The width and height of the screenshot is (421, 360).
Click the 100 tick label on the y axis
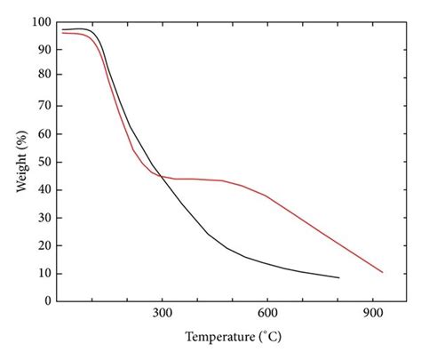coord(38,20)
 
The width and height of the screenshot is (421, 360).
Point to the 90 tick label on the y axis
coord(41,49)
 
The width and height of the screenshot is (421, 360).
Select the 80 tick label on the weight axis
coord(41,77)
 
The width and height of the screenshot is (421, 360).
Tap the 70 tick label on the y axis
coord(41,105)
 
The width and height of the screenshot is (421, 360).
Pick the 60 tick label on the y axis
coord(41,133)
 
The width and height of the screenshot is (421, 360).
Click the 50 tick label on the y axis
coord(41,161)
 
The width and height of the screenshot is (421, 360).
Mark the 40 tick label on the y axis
coord(41,189)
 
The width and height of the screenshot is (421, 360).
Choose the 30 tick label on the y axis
coord(41,217)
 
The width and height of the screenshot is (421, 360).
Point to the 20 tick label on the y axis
coord(41,245)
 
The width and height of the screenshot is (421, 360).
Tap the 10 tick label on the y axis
coord(41,273)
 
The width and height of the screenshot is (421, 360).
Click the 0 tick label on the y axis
coord(44,301)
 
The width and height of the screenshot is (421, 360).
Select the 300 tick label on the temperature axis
coord(162,313)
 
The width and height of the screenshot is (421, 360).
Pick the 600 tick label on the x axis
coord(267,313)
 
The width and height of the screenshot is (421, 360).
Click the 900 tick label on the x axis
coord(372,313)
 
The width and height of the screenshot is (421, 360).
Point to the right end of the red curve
coord(382,272)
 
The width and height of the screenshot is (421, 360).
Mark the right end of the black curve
coord(338,277)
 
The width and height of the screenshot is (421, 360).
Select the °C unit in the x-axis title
coord(268,338)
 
